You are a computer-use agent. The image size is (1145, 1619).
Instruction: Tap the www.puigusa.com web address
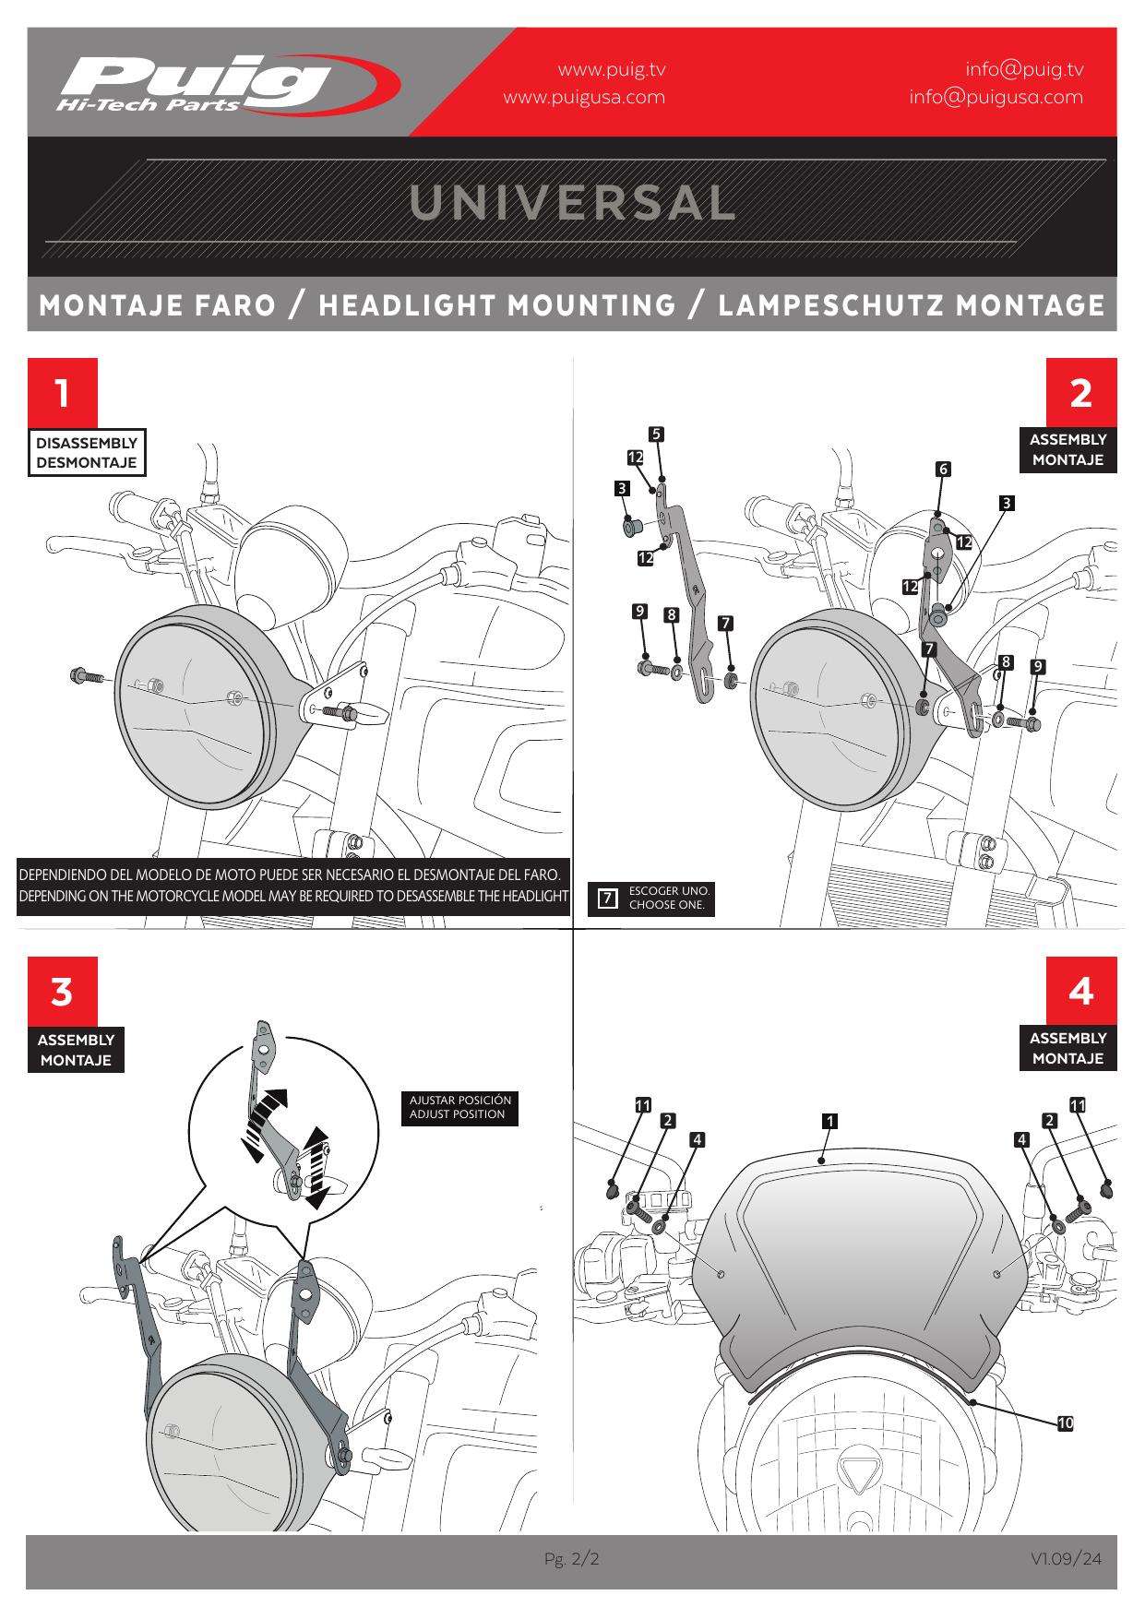(583, 97)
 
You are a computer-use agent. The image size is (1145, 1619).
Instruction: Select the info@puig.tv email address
(1024, 69)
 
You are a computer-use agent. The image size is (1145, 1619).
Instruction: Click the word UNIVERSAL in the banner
(572, 203)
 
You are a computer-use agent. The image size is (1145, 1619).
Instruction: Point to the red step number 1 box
(62, 393)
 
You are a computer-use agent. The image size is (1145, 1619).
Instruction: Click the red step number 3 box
(62, 992)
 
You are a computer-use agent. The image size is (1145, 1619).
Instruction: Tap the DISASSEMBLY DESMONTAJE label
(87, 452)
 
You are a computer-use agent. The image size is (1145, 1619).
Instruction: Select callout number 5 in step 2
(656, 434)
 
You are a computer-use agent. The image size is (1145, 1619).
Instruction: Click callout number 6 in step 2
(943, 469)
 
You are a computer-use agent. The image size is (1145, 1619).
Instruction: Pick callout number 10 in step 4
(1066, 1423)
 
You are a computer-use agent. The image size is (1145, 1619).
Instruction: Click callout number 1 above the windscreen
(829, 1121)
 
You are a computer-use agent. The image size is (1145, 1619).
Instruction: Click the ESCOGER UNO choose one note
(668, 898)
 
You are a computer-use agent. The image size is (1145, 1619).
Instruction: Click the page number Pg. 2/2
(571, 1559)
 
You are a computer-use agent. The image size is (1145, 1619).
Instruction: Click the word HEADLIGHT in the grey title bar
(496, 305)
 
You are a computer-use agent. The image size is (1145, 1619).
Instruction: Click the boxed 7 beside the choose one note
(607, 898)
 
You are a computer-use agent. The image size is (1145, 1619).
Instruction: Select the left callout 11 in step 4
(642, 1104)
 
